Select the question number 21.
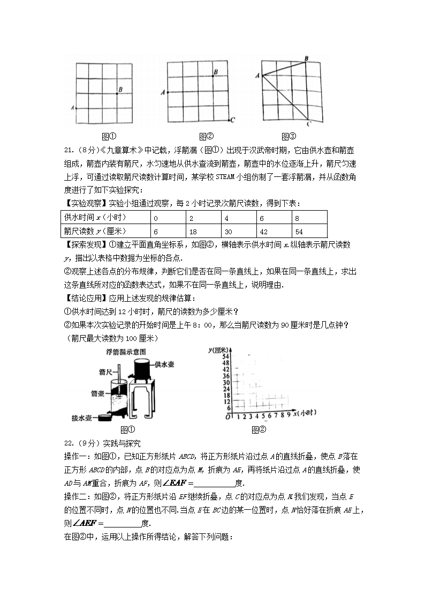point(68,150)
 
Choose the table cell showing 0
point(156,218)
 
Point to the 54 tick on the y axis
point(225,356)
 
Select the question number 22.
point(68,443)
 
